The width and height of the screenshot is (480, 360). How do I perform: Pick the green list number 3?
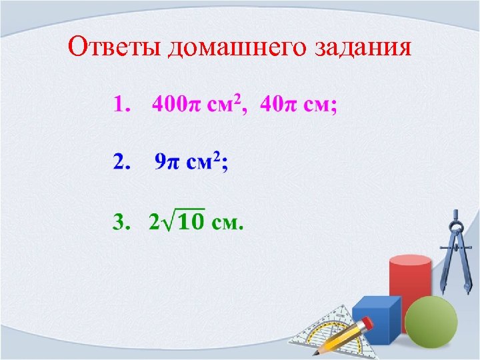click(x=121, y=222)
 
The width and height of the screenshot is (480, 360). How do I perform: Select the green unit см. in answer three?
click(x=227, y=222)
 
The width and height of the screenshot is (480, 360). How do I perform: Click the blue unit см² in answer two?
click(x=205, y=162)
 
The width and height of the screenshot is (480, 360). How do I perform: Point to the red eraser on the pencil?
click(x=366, y=323)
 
